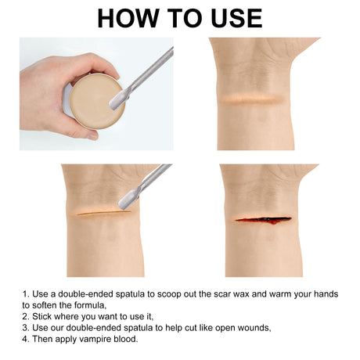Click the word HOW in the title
(128, 18)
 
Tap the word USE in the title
(236, 18)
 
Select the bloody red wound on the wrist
(264, 220)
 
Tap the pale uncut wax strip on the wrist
(252, 99)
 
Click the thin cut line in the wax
(104, 213)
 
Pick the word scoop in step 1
(169, 294)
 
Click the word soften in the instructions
(45, 305)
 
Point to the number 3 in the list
(25, 328)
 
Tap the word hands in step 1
(326, 294)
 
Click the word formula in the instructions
(90, 305)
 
